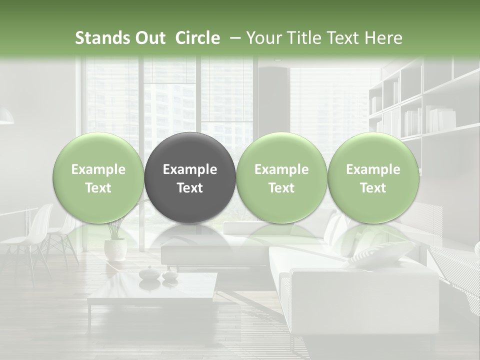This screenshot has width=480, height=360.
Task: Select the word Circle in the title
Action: click(x=197, y=38)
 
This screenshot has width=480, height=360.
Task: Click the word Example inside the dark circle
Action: click(x=190, y=169)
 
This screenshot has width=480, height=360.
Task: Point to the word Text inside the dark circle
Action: click(x=190, y=188)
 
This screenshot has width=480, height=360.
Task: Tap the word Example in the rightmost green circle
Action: click(x=373, y=169)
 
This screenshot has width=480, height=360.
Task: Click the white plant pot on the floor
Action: click(x=115, y=249)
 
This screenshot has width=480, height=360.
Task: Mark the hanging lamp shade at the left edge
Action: click(x=6, y=117)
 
